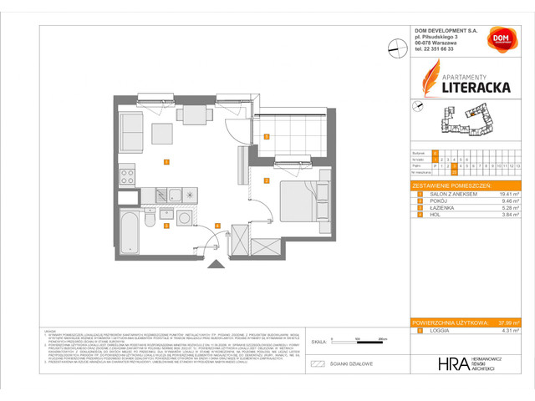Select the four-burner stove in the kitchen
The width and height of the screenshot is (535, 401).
129,176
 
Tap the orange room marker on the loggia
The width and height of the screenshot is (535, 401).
267,136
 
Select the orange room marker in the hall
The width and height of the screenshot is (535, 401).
217,226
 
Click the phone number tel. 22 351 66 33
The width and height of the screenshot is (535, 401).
435,49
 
